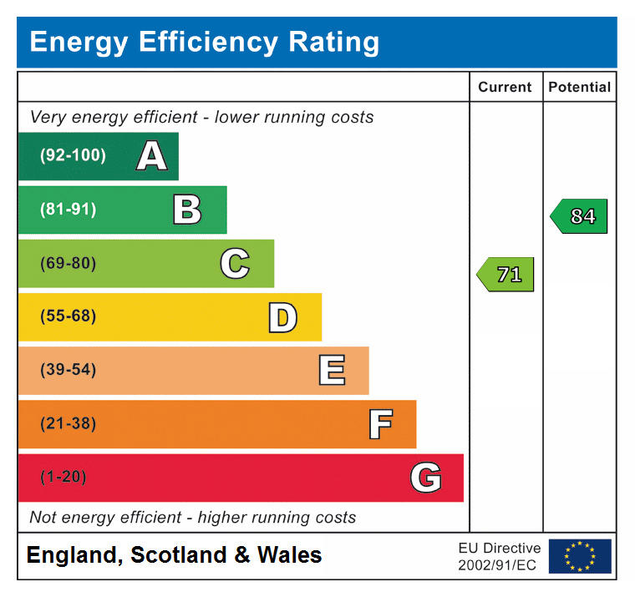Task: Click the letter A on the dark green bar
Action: pos(151,156)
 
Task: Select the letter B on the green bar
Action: pos(187,210)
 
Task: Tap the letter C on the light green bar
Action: pos(235,264)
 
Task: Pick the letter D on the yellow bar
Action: pos(282,317)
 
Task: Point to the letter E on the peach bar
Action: pos(332,371)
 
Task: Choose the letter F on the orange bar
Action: pos(380,424)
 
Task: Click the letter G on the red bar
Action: pos(425,478)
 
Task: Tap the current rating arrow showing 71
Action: pos(505,275)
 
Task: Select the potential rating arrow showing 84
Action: pos(579,216)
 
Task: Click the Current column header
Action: pos(505,87)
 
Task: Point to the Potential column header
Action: pos(579,87)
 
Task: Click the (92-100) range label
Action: pos(73,155)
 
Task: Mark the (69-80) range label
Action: pos(68,264)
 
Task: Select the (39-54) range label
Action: pos(68,370)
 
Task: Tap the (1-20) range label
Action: pos(63,478)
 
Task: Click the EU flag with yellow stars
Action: pos(580,556)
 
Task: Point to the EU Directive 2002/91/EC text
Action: pos(499,556)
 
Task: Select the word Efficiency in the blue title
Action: pos(201,42)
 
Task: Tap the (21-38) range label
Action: pos(68,423)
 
